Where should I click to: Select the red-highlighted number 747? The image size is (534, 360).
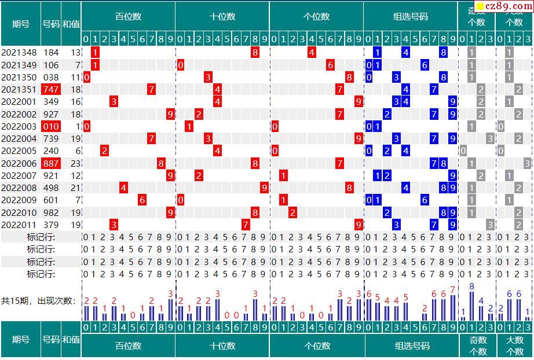[x=51, y=90]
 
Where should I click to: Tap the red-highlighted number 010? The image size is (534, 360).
[x=51, y=127]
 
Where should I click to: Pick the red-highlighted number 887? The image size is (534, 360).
[x=51, y=164]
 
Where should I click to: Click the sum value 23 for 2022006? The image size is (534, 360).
[x=75, y=164]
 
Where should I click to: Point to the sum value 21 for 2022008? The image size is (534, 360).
[x=75, y=188]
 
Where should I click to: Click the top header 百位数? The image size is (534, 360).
[x=128, y=17]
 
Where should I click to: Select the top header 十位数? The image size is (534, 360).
[x=222, y=17]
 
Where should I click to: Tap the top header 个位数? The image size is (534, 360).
[x=317, y=17]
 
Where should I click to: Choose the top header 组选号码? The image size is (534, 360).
[x=411, y=17]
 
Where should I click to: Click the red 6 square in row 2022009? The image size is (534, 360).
[x=142, y=200]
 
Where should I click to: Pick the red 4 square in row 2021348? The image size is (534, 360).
[x=312, y=53]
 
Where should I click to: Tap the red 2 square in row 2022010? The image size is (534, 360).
[x=293, y=213]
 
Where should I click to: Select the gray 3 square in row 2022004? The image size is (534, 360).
[x=490, y=139]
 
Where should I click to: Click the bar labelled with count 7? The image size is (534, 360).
[x=452, y=307]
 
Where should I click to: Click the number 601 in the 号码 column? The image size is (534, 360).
[x=51, y=200]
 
